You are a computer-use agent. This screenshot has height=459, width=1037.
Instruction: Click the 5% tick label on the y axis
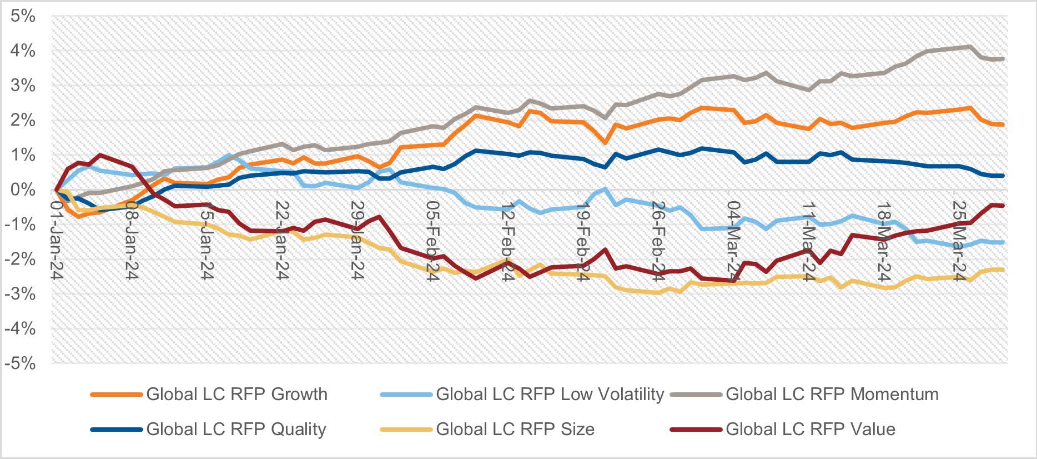[x=22, y=16]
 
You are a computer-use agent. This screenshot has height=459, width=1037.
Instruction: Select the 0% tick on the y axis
[x=22, y=190]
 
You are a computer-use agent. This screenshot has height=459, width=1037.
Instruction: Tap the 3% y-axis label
[x=22, y=86]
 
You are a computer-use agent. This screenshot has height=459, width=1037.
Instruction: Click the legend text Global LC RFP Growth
[x=236, y=395]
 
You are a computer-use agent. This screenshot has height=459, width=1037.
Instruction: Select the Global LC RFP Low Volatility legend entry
[x=550, y=395]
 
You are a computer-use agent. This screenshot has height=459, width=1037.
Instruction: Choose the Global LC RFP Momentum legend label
[x=832, y=395]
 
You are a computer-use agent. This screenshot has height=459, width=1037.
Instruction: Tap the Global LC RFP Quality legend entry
[x=236, y=430]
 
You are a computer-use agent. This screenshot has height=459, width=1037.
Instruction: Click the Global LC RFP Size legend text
[x=515, y=430]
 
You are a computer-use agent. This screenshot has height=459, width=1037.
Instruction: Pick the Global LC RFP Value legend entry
[x=810, y=430]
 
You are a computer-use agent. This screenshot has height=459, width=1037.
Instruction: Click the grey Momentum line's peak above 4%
[x=969, y=47]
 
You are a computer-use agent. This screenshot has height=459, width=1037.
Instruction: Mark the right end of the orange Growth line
[x=1003, y=124]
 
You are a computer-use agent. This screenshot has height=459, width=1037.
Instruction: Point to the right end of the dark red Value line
[x=1003, y=206]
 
